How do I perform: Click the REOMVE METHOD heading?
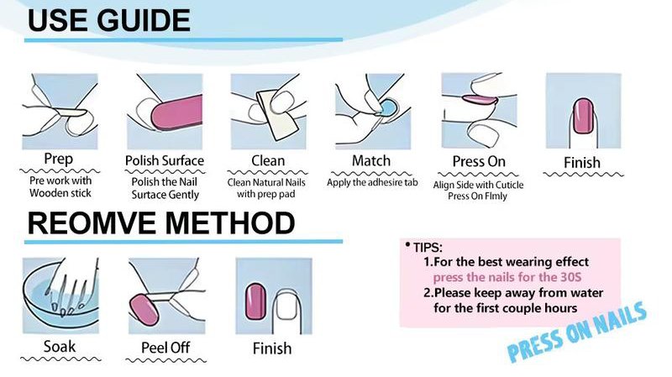(x=160, y=223)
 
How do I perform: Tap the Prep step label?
(x=58, y=160)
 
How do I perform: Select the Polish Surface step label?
(x=165, y=160)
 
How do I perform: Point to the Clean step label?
(x=268, y=160)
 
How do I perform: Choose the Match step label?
(x=370, y=160)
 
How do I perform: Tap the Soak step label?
(x=58, y=346)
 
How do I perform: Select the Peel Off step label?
(x=165, y=347)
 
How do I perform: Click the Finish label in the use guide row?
(x=582, y=162)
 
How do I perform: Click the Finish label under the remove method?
(x=271, y=348)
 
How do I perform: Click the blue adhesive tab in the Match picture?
(x=389, y=107)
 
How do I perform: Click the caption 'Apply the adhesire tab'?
(x=371, y=182)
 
